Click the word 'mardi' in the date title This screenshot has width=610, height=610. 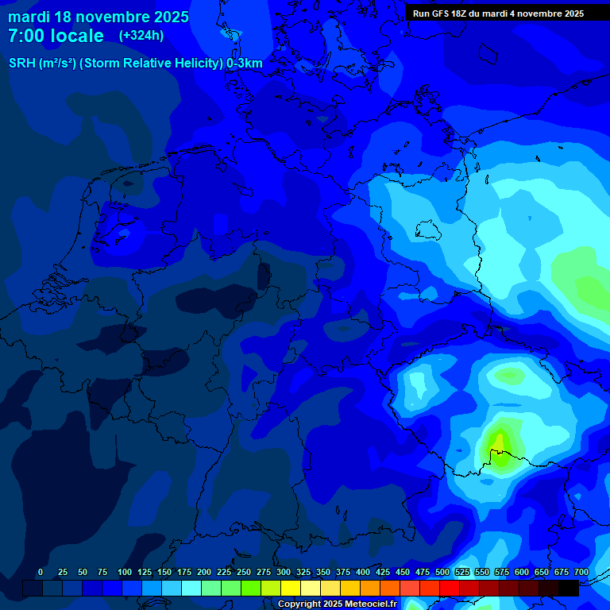point(29,17)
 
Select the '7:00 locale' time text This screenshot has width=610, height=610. point(56,36)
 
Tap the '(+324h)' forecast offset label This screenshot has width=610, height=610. point(141,36)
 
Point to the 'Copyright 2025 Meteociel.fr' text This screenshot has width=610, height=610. point(337,604)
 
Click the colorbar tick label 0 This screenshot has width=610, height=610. point(41,573)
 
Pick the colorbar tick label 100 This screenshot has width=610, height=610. point(125,573)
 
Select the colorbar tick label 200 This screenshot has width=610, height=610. point(204,573)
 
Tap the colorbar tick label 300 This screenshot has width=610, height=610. point(284,573)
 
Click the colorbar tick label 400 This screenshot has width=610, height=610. point(363,573)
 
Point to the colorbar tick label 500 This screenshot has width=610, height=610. point(442,573)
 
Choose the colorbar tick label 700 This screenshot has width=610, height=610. point(581,573)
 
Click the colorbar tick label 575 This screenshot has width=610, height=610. point(502,573)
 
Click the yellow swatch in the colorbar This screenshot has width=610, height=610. point(291,589)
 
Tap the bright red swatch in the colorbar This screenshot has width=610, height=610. point(450,589)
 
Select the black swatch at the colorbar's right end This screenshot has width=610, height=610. point(569,589)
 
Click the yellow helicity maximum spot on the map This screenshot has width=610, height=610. point(499,442)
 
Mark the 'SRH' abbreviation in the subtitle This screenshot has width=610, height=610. point(21,64)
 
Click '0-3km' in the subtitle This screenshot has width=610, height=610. point(245,64)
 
